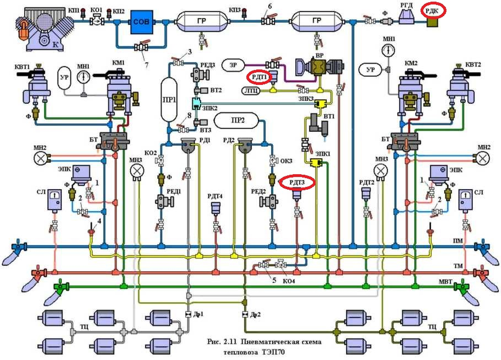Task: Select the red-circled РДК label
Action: [x=434, y=10]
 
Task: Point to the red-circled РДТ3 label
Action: [x=299, y=183]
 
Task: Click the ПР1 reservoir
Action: [x=169, y=95]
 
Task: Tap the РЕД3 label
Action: [x=208, y=65]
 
